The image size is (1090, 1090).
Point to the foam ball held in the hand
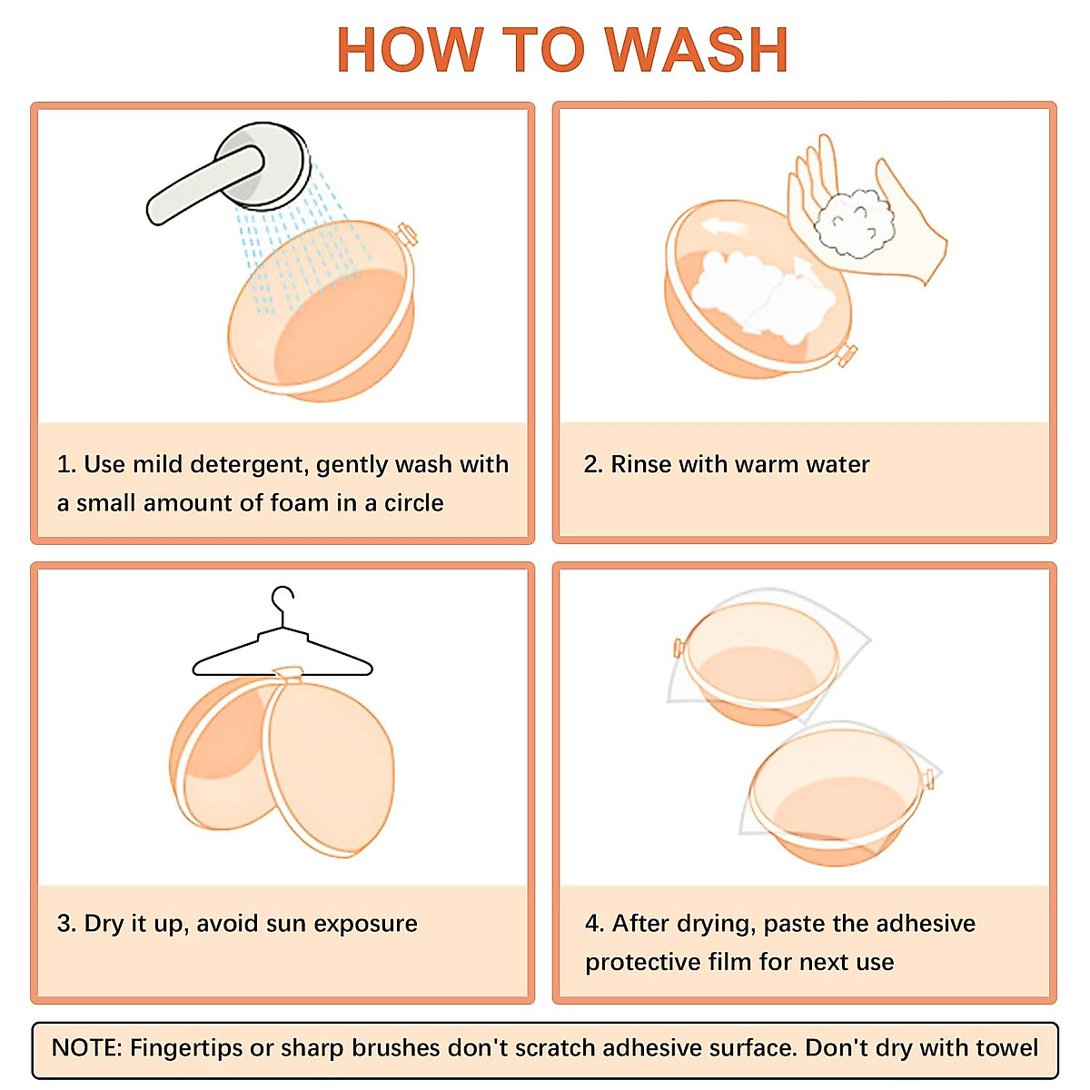[x=854, y=223]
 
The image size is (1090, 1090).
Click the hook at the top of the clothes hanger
[x=282, y=600]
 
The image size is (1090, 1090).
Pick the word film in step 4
[x=727, y=962]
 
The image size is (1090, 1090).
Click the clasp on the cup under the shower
[x=407, y=234]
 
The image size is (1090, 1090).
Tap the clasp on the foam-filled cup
[x=847, y=356]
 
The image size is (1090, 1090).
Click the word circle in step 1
[x=414, y=503]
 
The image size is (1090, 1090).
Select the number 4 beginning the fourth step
[x=592, y=924]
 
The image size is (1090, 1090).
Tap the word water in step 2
[x=837, y=465]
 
